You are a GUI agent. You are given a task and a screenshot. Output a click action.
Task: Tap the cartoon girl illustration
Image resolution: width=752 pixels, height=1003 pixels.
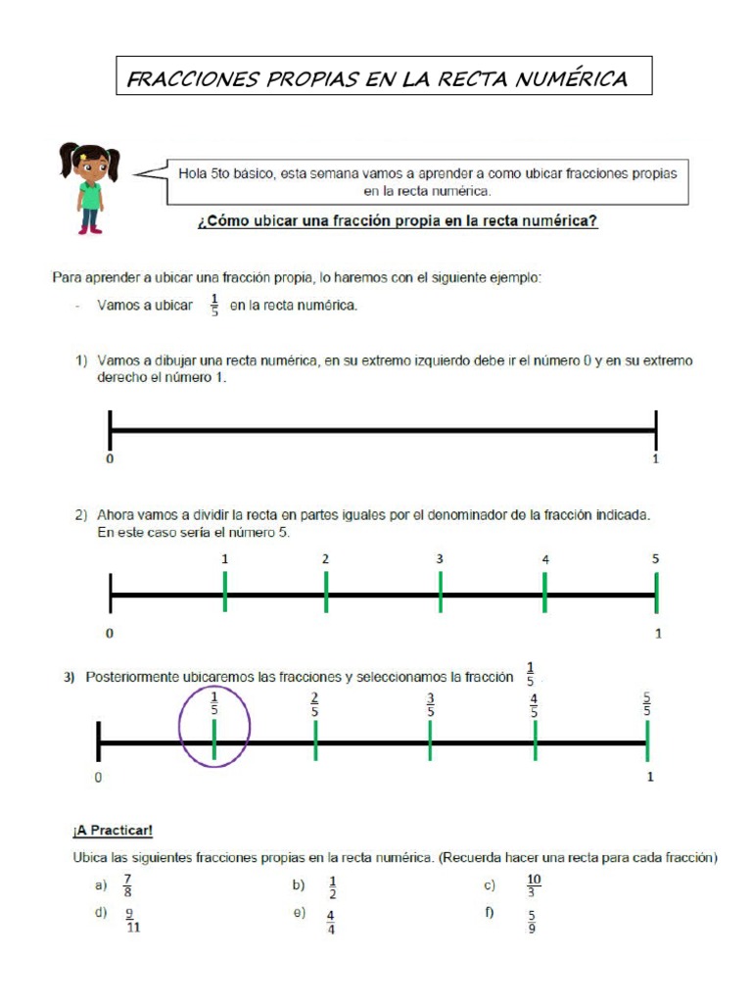[89, 188]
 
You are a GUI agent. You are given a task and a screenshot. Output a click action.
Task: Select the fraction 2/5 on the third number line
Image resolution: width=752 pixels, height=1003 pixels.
[314, 704]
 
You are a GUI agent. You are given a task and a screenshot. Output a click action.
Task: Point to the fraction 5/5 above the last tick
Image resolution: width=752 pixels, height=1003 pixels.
[646, 704]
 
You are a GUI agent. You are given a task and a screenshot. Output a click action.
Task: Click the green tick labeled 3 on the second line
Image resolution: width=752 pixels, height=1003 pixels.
[441, 593]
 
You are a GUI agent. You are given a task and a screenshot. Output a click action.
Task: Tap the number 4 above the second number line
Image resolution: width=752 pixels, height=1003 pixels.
[545, 559]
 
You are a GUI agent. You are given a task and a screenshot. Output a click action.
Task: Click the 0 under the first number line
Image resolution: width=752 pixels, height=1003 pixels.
[110, 458]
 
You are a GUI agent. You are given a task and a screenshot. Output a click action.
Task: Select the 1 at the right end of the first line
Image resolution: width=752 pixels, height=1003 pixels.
[656, 458]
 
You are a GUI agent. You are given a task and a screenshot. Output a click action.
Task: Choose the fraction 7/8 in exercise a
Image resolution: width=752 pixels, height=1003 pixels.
[126, 885]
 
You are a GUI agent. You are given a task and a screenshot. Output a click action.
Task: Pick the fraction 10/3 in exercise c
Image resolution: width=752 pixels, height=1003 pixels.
[533, 885]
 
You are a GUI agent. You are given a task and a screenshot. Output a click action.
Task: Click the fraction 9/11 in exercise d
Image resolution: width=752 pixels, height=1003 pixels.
[131, 921]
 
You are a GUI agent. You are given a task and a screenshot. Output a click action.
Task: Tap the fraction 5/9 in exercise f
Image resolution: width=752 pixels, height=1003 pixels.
[531, 921]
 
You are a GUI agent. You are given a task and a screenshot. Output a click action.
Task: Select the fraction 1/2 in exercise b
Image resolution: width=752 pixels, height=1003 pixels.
[332, 885]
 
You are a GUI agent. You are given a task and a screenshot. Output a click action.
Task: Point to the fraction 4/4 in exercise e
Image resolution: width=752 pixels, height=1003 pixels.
[331, 921]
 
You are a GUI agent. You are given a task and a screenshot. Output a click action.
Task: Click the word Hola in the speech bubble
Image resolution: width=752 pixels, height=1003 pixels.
[193, 173]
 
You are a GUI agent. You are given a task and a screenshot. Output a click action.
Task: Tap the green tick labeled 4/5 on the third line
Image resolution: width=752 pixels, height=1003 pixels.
[535, 742]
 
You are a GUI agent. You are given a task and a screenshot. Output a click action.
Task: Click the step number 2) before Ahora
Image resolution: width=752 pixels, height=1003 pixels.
[83, 514]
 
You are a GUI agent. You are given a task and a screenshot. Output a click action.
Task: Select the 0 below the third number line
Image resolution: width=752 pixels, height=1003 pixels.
[98, 778]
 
